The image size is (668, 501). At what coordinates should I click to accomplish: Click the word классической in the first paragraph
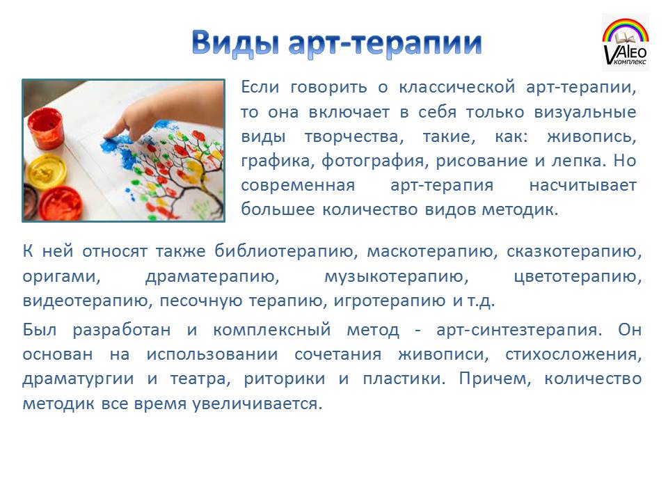456,88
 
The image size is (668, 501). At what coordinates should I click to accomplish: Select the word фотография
373,161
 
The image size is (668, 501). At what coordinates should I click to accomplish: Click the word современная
298,185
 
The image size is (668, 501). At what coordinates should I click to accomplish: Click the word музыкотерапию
396,277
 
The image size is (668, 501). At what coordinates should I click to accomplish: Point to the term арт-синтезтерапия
519,330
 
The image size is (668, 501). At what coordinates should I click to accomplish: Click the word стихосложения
573,354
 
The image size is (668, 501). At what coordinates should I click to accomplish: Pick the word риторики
284,379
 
